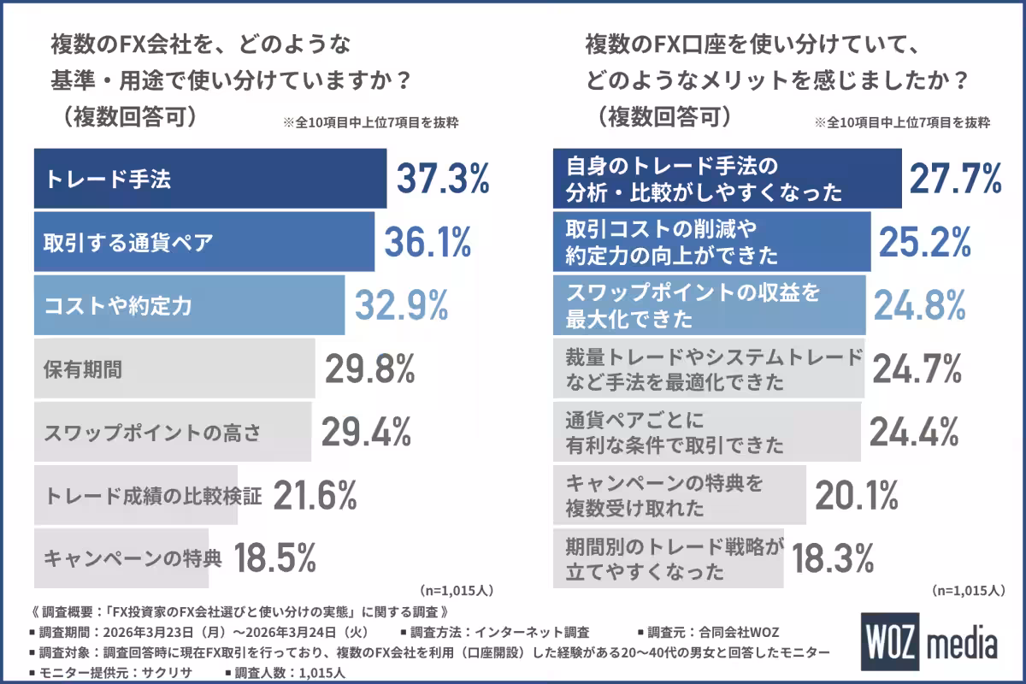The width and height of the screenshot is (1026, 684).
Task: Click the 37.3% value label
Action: pyautogui.click(x=442, y=180)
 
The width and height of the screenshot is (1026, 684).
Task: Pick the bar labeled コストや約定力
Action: pyautogui.click(x=189, y=305)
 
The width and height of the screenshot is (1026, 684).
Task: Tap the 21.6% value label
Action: pyautogui.click(x=315, y=495)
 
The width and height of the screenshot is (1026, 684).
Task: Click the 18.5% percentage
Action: pyautogui.click(x=275, y=558)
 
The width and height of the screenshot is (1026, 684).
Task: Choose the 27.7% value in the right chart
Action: pyautogui.click(x=954, y=179)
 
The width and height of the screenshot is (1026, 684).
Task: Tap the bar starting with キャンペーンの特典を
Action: pyautogui.click(x=679, y=495)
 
